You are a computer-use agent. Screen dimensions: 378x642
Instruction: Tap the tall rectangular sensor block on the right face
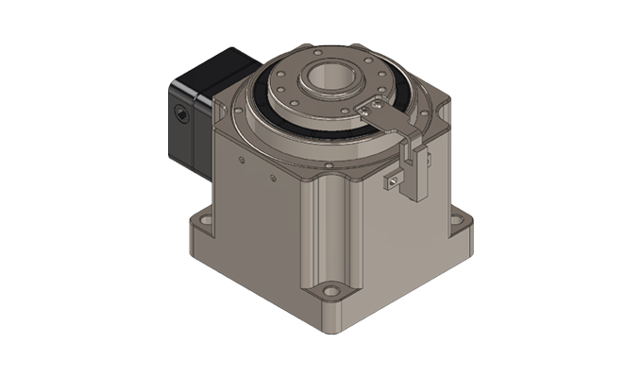416,170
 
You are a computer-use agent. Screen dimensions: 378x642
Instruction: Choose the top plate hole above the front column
327,165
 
